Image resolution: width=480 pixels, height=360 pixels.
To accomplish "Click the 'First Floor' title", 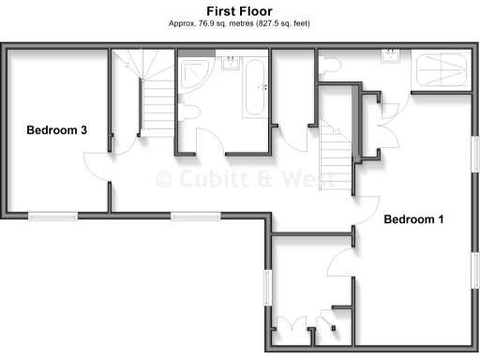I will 239,10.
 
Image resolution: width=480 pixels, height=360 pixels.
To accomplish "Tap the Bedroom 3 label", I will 56,130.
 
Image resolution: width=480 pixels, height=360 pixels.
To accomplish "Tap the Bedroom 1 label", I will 413,219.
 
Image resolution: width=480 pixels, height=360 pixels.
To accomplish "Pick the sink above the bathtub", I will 231,63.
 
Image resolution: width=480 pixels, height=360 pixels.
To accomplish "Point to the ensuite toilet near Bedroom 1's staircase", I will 327,64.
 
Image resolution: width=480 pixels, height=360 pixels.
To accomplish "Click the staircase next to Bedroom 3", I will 141,94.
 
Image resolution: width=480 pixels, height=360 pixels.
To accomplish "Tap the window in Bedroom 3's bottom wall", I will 52,217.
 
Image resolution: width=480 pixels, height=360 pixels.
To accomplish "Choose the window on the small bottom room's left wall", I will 266,285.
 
